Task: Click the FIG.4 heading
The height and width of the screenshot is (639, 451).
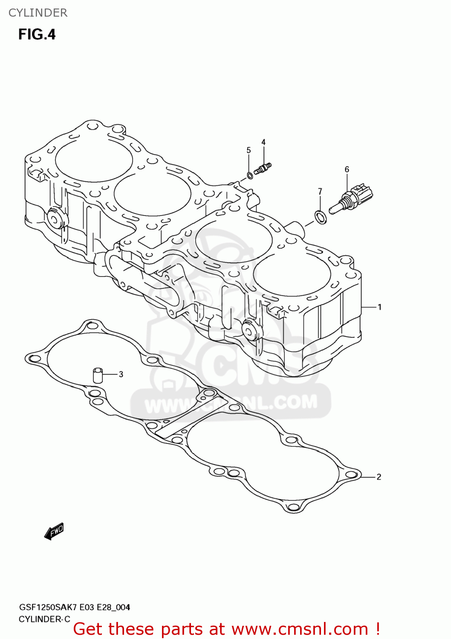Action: click(37, 35)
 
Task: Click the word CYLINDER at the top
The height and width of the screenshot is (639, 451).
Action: click(38, 13)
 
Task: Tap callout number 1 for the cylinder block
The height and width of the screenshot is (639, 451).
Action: click(379, 307)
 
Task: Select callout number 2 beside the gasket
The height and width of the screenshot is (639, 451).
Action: click(379, 477)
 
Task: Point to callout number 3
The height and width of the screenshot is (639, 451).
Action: click(121, 374)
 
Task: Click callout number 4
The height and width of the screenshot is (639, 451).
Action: click(263, 142)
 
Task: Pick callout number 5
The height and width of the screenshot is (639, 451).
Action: click(249, 150)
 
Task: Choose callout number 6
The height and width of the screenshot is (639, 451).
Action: click(347, 170)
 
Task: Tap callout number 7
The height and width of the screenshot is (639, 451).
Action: click(320, 192)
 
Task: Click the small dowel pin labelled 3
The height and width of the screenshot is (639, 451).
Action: click(98, 375)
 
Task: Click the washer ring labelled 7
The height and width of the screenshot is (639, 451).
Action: click(321, 217)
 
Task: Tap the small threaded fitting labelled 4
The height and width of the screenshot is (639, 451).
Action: click(263, 169)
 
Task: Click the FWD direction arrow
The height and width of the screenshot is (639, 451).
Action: click(54, 531)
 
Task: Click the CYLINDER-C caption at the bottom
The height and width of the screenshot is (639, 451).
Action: click(44, 619)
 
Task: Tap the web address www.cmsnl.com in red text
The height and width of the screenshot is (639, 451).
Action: click(300, 629)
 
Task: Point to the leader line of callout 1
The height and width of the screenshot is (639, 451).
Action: click(369, 307)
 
